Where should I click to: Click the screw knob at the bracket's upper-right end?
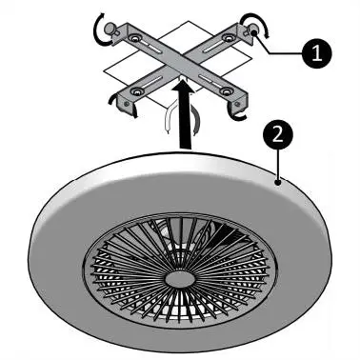[x=256, y=32]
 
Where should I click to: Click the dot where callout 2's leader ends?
[x=278, y=176]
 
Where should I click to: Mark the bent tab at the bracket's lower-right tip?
[x=238, y=100]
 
